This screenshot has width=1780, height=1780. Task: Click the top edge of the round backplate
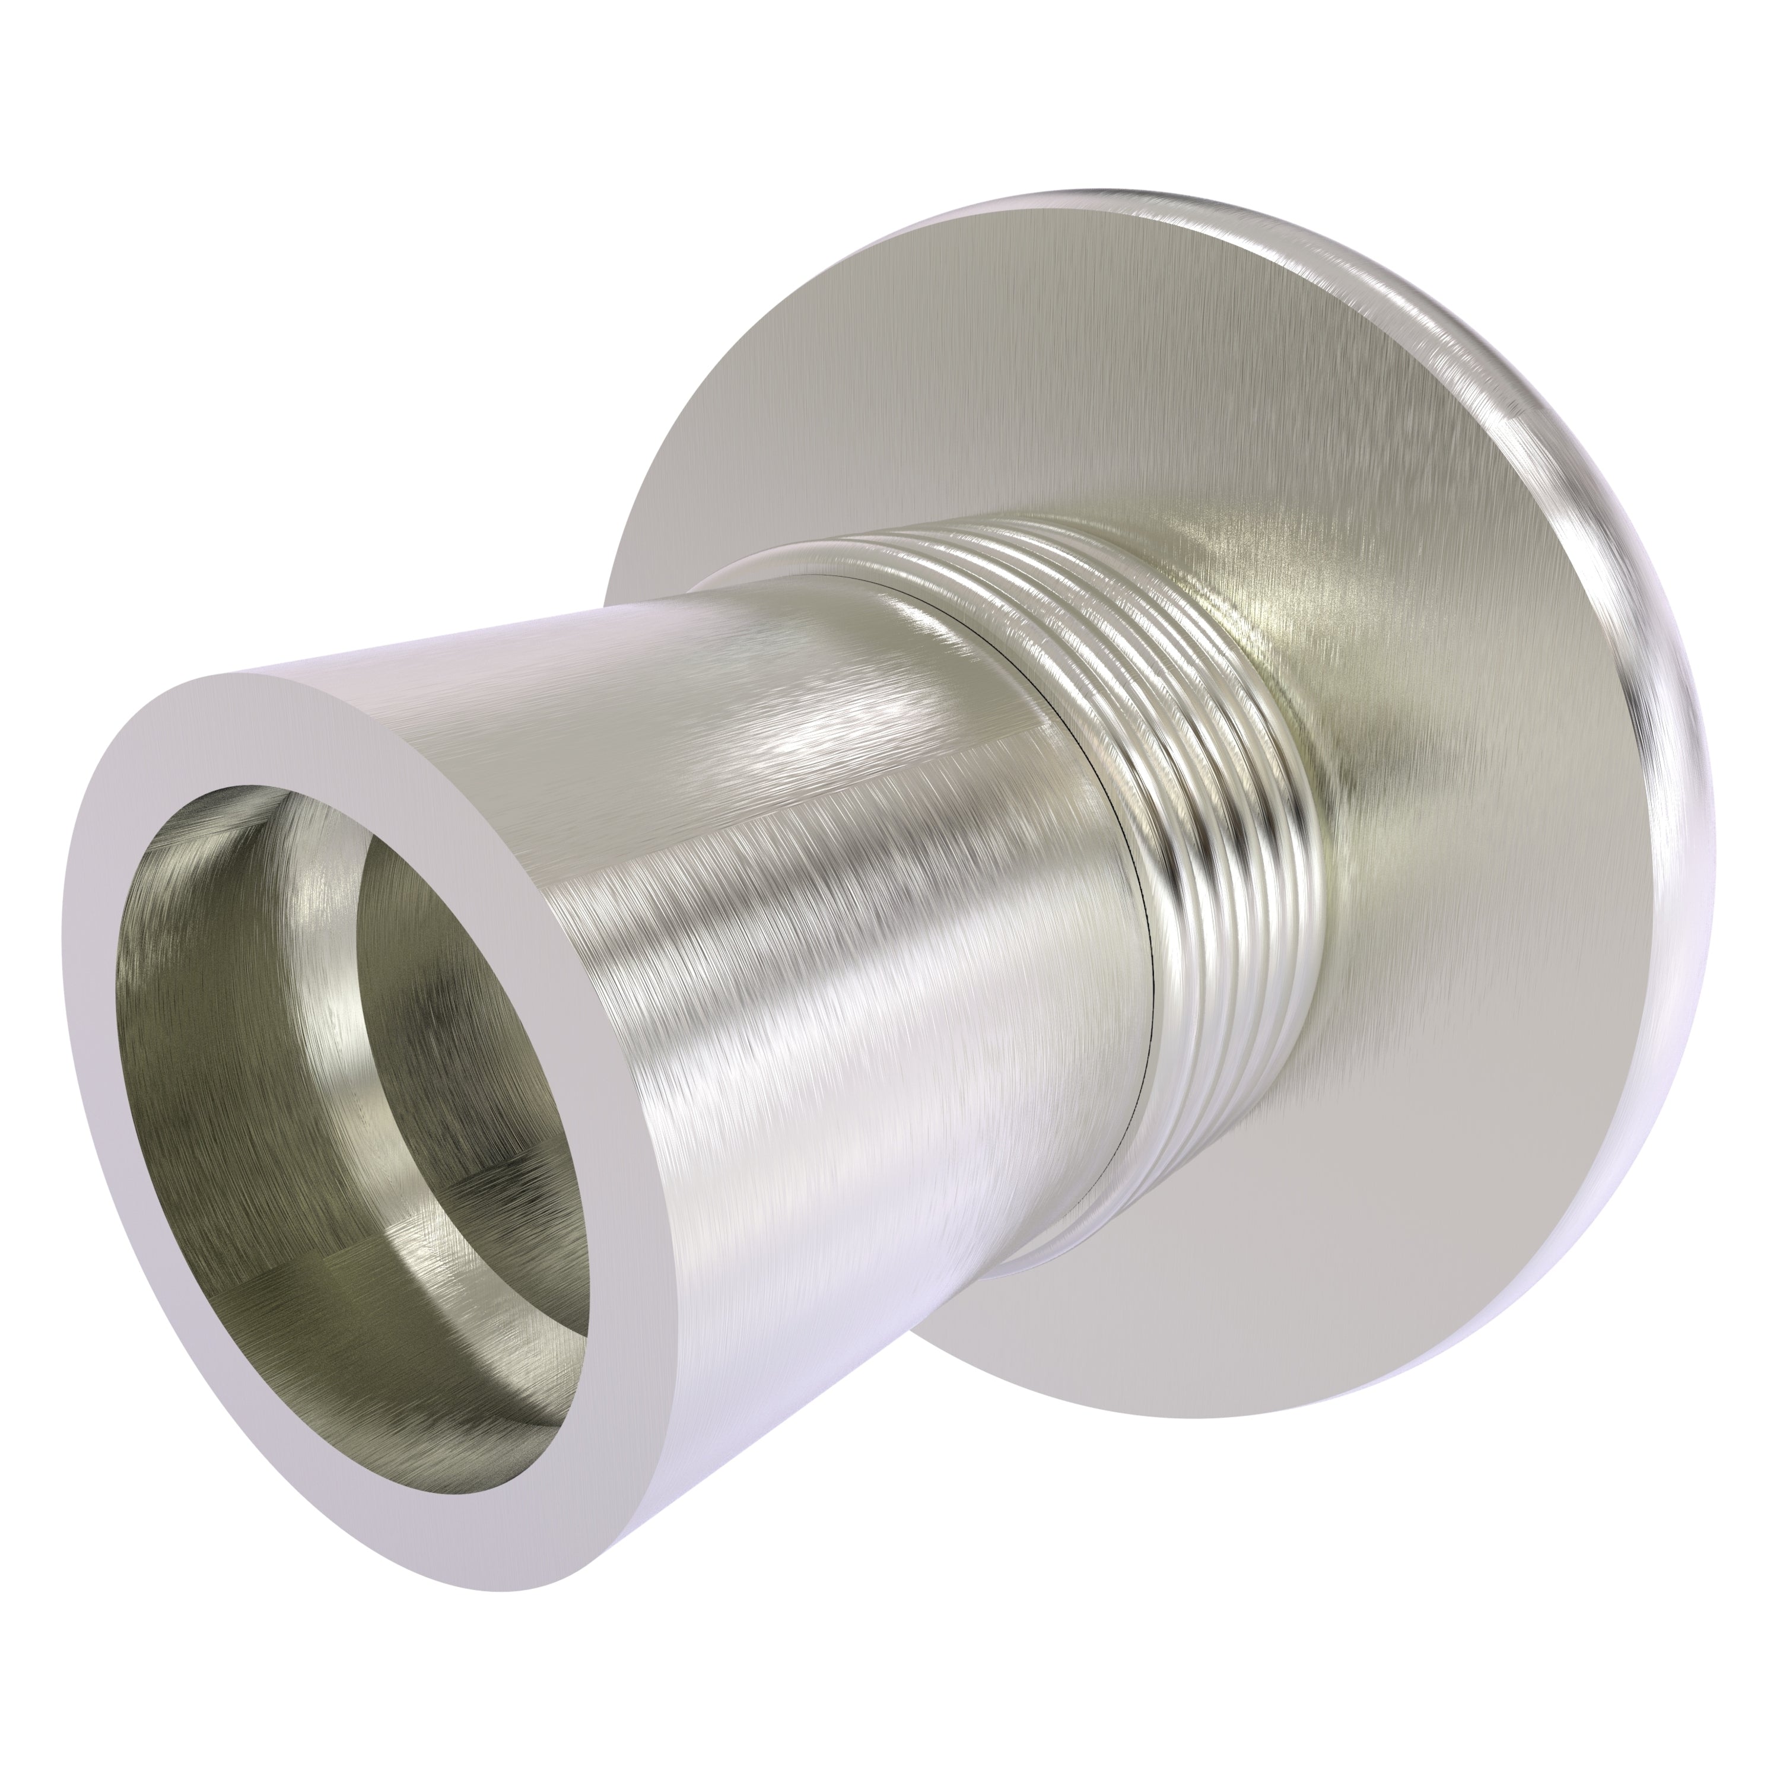click(1105, 198)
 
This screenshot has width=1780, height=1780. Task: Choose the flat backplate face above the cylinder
click(921, 368)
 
